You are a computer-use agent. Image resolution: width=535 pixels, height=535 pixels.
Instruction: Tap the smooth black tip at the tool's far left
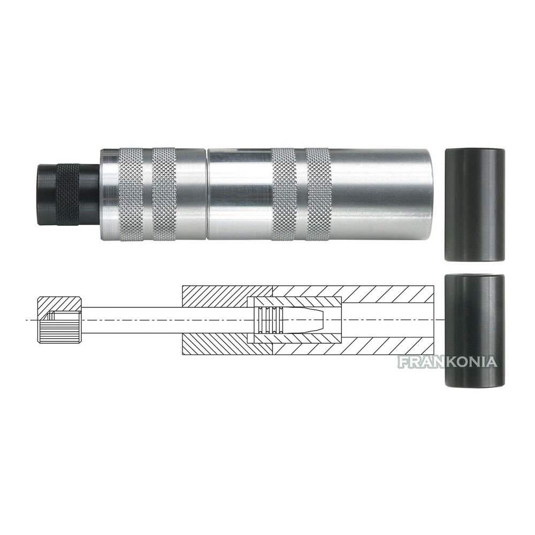(x=46, y=194)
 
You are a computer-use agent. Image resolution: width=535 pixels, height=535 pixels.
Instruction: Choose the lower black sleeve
(x=474, y=331)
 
